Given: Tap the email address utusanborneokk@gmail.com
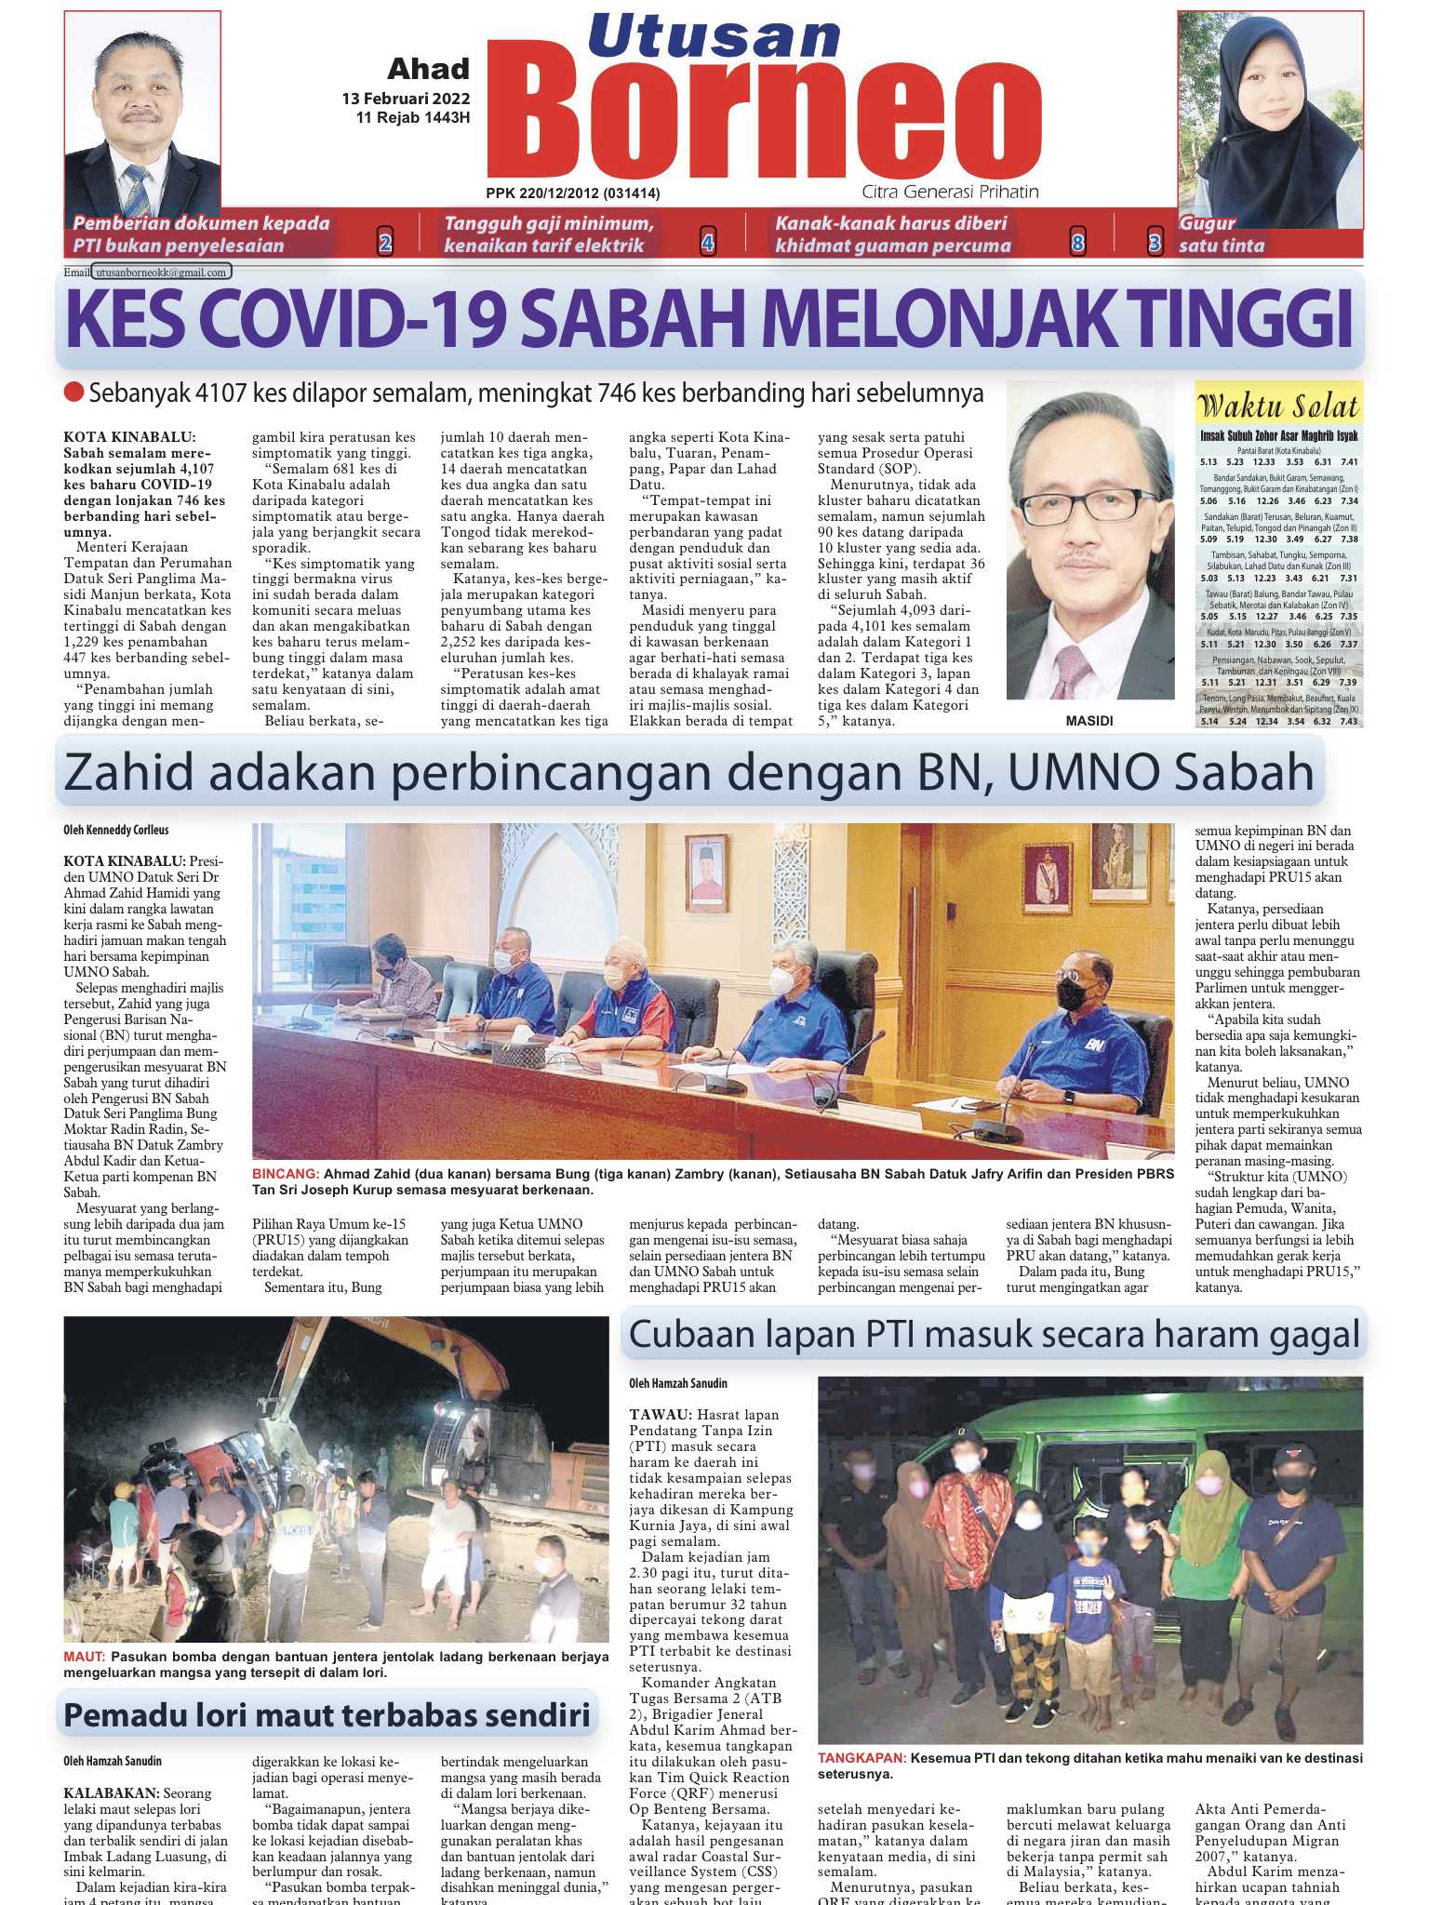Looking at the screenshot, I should pyautogui.click(x=161, y=273).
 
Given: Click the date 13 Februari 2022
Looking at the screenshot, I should pyautogui.click(x=406, y=99).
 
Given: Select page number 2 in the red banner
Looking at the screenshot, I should pyautogui.click(x=385, y=244).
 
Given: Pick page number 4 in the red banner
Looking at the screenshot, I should pyautogui.click(x=707, y=244).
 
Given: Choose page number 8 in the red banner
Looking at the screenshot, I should pyautogui.click(x=1077, y=244).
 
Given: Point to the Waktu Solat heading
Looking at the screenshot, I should pyautogui.click(x=1279, y=406).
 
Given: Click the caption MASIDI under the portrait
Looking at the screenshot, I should pyautogui.click(x=1089, y=721).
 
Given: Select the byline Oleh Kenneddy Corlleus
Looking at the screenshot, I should pyautogui.click(x=116, y=830).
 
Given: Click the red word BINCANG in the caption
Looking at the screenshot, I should pyautogui.click(x=285, y=1174).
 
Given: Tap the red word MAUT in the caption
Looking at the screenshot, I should pyautogui.click(x=84, y=1657).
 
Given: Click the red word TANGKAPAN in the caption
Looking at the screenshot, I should pyautogui.click(x=861, y=1758).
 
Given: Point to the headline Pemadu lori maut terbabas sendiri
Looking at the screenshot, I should pyautogui.click(x=327, y=1715).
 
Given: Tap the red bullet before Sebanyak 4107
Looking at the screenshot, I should pyautogui.click(x=73, y=393).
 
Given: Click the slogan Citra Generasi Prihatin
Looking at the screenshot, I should pyautogui.click(x=950, y=192).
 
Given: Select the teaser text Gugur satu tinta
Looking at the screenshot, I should pyautogui.click(x=1221, y=234).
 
